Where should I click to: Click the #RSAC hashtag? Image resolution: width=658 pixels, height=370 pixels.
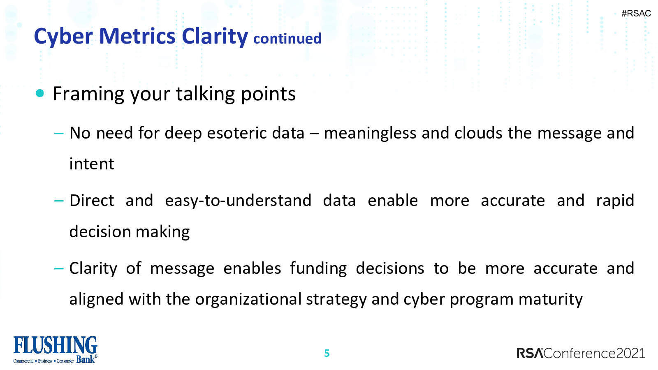(x=636, y=13)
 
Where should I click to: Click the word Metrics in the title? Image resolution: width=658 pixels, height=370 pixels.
(x=137, y=36)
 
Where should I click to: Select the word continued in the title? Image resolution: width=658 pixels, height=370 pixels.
(x=287, y=39)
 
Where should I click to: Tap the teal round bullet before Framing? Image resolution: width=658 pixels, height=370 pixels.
(x=39, y=93)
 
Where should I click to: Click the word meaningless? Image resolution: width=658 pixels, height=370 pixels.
(x=370, y=134)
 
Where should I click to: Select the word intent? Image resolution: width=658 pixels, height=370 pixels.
(x=92, y=164)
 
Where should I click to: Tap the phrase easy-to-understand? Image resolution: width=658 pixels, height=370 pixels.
(x=238, y=201)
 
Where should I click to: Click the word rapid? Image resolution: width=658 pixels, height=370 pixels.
(x=615, y=201)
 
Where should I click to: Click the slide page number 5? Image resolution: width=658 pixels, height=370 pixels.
(x=327, y=353)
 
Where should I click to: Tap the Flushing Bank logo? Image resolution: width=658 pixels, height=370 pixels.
(x=55, y=350)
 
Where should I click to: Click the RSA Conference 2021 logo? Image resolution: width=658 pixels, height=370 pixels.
(x=581, y=353)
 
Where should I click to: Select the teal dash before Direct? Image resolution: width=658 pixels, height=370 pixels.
(x=59, y=201)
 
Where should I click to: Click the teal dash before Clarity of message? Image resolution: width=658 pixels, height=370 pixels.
(x=59, y=268)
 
